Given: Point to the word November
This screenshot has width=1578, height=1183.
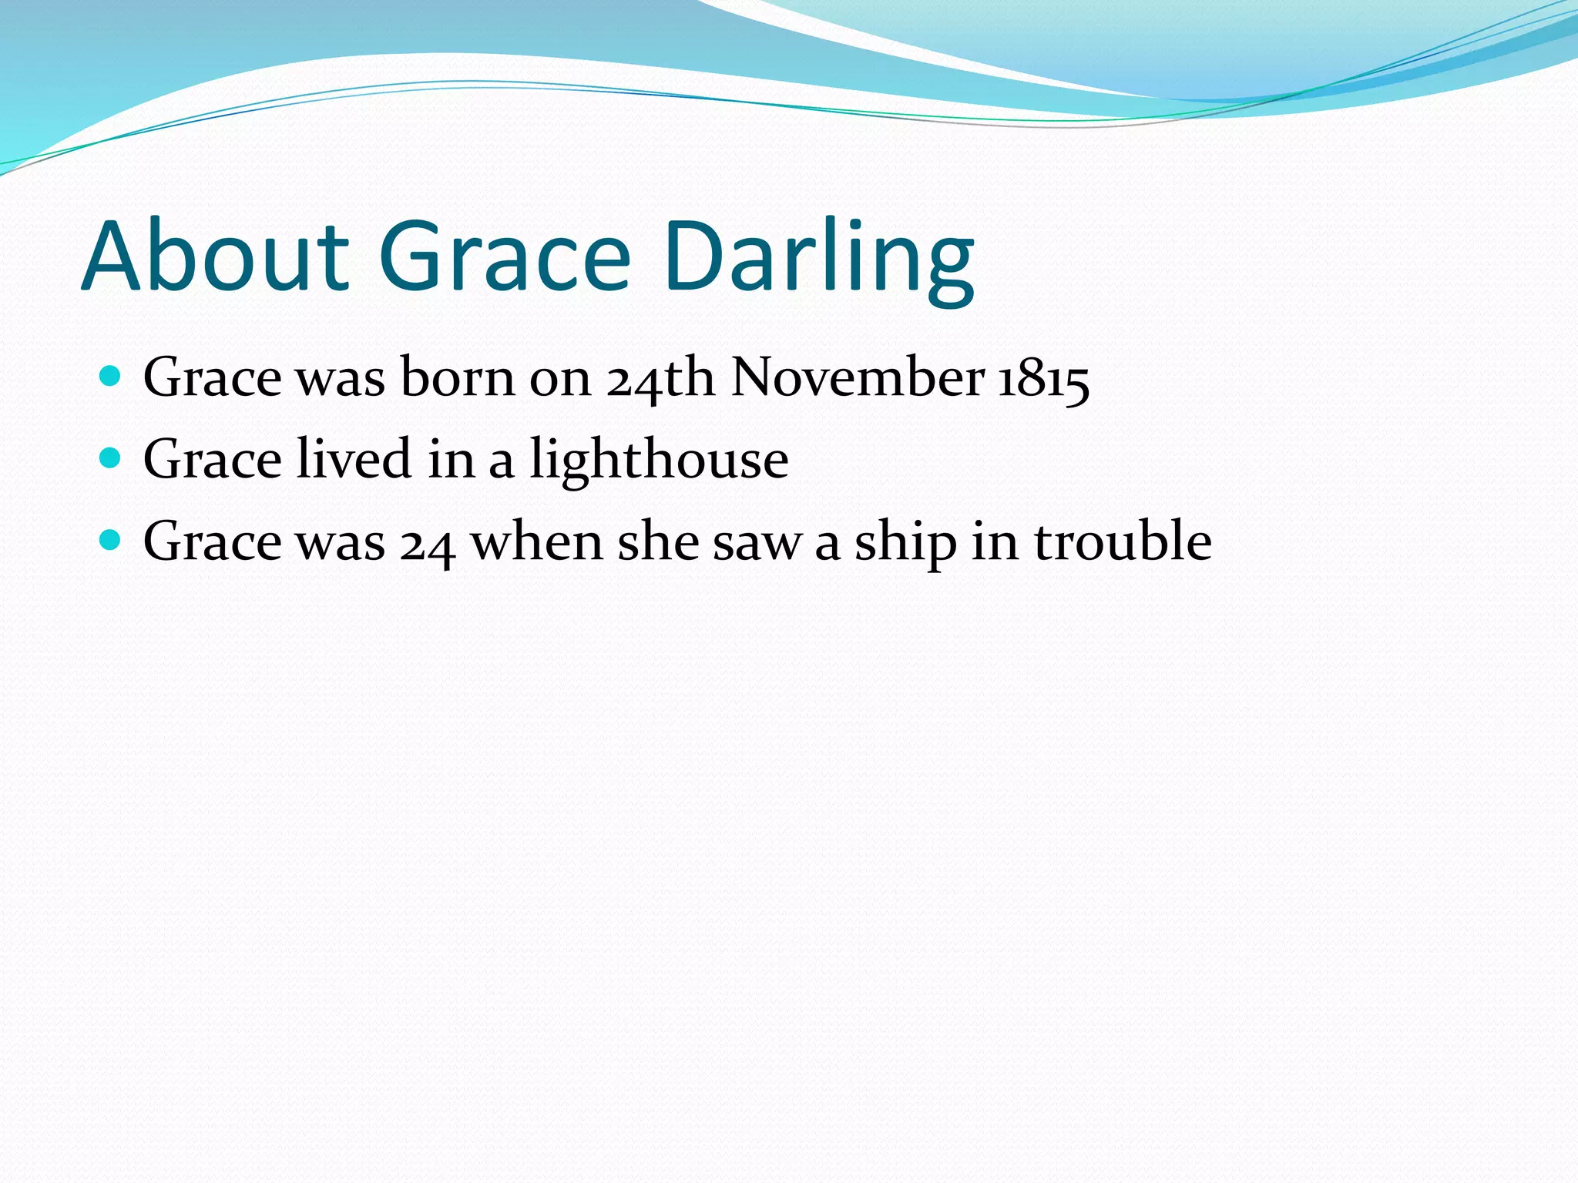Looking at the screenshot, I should tap(858, 377).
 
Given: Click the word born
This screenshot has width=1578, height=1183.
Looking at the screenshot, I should tap(458, 377).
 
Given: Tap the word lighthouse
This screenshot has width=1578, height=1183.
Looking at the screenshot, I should tap(659, 461).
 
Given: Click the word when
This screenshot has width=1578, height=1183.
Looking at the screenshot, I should tap(537, 541).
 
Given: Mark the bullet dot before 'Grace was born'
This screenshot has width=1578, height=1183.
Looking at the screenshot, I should tap(111, 377).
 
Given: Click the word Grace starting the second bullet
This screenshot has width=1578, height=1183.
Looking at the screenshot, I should tap(213, 460).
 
